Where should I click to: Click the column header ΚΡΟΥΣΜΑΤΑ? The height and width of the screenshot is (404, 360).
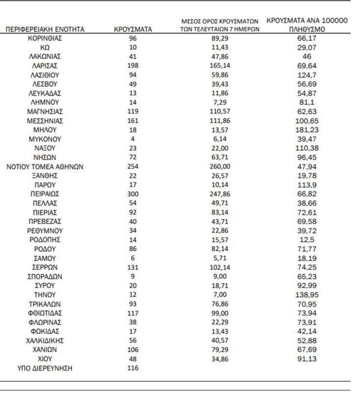pos(132,29)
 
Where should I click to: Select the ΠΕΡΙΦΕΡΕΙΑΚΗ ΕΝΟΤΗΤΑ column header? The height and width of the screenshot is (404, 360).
pos(45,29)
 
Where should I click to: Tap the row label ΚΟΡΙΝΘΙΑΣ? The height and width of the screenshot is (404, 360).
pos(45,38)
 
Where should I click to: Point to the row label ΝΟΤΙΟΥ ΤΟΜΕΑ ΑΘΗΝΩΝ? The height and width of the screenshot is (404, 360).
pos(45,166)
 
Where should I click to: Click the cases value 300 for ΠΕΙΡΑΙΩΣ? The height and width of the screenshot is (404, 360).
pos(132,194)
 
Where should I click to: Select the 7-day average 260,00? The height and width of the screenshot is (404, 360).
pos(219,166)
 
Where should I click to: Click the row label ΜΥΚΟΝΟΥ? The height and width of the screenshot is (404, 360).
pos(45,139)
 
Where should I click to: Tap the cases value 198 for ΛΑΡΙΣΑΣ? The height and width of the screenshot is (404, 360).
pos(132,65)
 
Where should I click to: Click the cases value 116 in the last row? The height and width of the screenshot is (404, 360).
pos(132,368)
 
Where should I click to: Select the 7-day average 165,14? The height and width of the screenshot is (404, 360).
pos(219,65)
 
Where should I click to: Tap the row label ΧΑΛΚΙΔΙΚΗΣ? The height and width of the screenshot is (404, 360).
pos(45,341)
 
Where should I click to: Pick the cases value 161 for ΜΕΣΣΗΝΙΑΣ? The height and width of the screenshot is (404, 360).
pos(132,120)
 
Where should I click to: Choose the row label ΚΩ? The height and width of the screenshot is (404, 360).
pos(45,47)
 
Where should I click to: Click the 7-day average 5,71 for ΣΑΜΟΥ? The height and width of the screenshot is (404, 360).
pos(219,258)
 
